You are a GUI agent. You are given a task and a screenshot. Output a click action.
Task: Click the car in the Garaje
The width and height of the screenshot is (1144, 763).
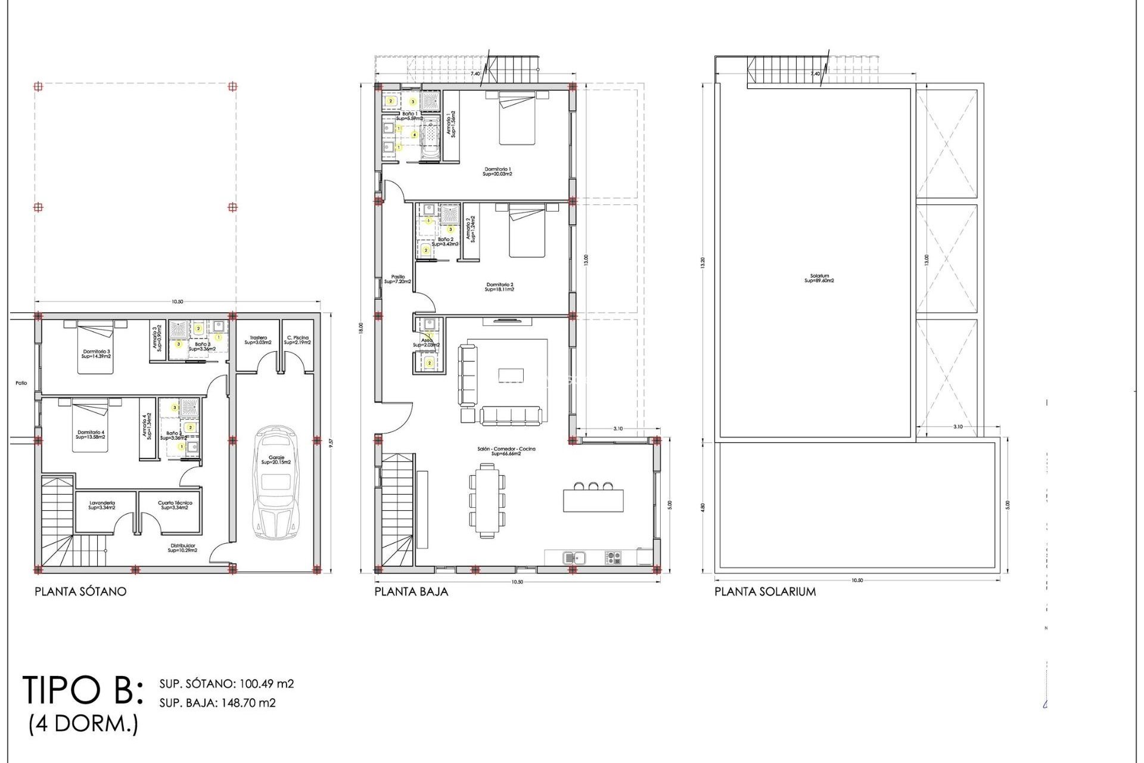pyautogui.click(x=276, y=483)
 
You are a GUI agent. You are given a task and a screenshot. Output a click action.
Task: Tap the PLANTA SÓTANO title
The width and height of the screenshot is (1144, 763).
pyautogui.click(x=80, y=591)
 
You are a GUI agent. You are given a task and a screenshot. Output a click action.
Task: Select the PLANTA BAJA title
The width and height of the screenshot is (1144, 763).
pyautogui.click(x=411, y=591)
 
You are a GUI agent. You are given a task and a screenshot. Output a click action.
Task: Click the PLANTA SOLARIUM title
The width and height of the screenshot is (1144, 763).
pyautogui.click(x=765, y=591)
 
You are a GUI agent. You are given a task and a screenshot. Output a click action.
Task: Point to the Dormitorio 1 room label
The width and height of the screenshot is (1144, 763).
pyautogui.click(x=498, y=172)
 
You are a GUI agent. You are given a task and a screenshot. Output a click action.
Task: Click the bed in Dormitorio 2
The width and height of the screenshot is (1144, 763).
pyautogui.click(x=527, y=231)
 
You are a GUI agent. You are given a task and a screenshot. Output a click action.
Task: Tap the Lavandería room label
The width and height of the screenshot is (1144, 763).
pyautogui.click(x=102, y=505)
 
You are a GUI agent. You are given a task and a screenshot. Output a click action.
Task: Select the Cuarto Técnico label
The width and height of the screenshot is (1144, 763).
pyautogui.click(x=175, y=505)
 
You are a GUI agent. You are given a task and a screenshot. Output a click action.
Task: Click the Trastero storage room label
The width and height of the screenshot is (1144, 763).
pyautogui.click(x=258, y=340)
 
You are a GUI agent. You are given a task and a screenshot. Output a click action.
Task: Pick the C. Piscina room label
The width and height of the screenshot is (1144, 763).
pyautogui.click(x=297, y=340)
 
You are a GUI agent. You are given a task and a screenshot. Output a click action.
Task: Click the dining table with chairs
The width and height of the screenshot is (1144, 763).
pyautogui.click(x=487, y=501)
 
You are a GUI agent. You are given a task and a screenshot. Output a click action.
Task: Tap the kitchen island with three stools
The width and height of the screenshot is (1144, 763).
pyautogui.click(x=593, y=500)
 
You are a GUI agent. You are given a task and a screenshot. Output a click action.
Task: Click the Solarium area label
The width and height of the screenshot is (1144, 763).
pyautogui.click(x=819, y=278)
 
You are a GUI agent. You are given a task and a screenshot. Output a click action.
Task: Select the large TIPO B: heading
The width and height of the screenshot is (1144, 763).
pyautogui.click(x=83, y=691)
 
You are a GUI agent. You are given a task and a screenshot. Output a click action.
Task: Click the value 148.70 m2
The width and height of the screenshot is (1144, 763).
pyautogui.click(x=248, y=703)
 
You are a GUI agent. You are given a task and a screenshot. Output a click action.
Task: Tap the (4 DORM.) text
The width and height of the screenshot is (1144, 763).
pyautogui.click(x=83, y=724)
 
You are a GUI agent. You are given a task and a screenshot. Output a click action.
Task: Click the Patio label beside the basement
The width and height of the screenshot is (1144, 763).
pyautogui.click(x=21, y=383)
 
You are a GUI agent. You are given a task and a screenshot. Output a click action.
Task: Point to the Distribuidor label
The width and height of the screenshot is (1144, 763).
pyautogui.click(x=182, y=548)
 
